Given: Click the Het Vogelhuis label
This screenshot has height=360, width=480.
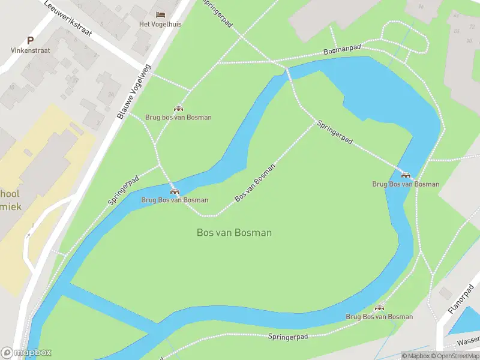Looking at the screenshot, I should [x=160, y=24].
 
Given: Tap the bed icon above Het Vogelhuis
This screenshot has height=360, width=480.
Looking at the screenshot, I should [x=160, y=14].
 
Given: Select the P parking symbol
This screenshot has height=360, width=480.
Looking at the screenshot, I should [x=30, y=40].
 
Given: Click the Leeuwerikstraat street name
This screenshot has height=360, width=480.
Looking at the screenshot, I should [x=67, y=17].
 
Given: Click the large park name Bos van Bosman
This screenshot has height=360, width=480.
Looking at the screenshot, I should [x=234, y=233].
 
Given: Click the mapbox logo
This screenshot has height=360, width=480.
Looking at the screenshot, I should [x=26, y=353].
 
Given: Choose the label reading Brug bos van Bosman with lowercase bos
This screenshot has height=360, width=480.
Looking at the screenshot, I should [x=178, y=118].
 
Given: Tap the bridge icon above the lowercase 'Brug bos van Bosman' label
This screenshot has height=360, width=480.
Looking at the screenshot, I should [x=178, y=108].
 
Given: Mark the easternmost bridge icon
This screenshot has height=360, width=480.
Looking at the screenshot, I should [x=406, y=175].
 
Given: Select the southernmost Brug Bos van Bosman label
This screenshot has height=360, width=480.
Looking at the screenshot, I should [x=379, y=317].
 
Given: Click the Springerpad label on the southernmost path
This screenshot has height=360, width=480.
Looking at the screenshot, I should [x=288, y=337].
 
